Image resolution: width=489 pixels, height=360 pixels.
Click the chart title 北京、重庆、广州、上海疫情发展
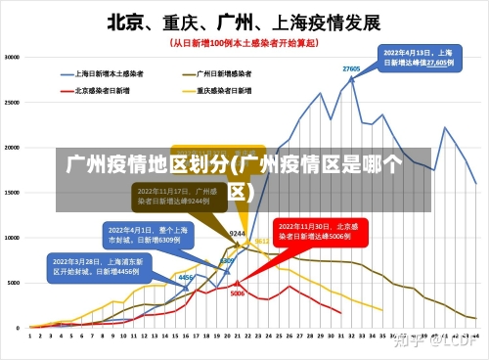244,22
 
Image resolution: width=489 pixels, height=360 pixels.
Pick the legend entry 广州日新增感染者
224,73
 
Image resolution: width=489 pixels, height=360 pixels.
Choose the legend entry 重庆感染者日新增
224,90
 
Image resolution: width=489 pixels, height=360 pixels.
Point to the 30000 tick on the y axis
13,58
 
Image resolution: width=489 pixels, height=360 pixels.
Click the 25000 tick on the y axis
13,103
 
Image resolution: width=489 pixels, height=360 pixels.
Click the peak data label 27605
351,68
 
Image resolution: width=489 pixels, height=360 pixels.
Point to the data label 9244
237,234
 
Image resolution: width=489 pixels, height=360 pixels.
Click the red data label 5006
238,292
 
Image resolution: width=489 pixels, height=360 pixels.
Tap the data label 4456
185,278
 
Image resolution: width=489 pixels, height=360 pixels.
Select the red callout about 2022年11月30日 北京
318,231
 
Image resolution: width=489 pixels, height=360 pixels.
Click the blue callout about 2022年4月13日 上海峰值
417,57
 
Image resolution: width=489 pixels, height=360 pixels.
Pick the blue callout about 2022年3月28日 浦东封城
95,266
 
